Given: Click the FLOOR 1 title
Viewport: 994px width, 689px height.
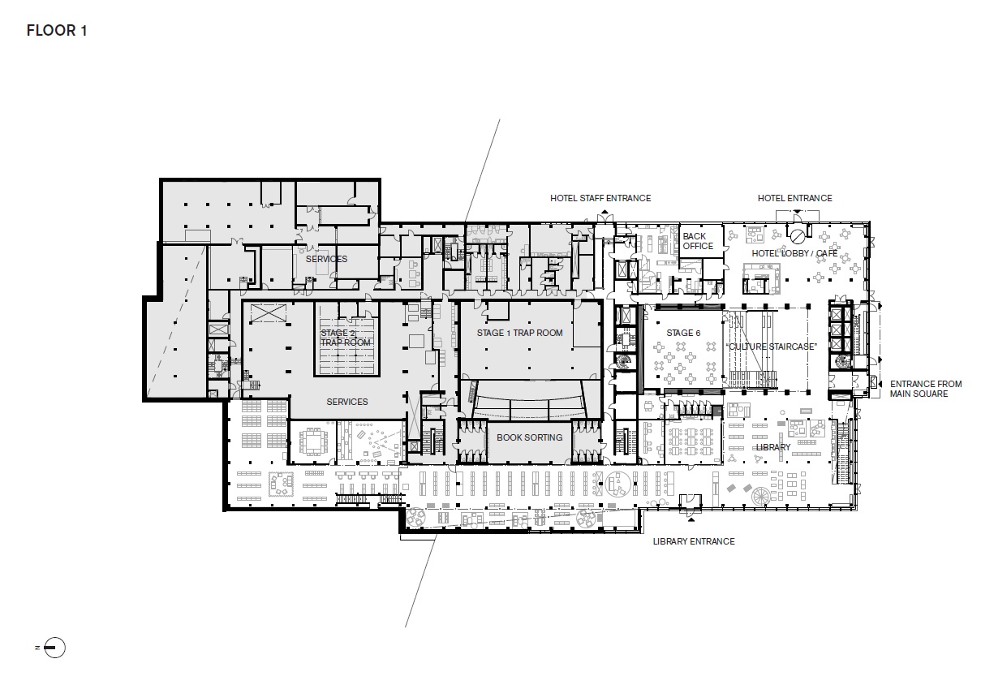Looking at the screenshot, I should [56, 31].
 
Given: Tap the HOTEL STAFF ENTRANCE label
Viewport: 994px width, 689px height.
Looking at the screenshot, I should [600, 198].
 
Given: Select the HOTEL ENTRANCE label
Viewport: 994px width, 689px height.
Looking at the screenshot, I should [794, 198].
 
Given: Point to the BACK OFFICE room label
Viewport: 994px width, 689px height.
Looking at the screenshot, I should [698, 241].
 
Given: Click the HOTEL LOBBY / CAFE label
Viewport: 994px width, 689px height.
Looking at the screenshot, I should [794, 254].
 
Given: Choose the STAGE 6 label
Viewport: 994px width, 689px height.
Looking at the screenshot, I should [679, 334].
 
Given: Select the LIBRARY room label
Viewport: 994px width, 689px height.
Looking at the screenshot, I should [772, 447].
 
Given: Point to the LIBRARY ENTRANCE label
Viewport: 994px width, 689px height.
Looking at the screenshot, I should [694, 541].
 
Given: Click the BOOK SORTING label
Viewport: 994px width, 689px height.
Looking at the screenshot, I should [529, 437].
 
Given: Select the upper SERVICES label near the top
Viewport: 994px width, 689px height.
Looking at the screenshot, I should [326, 259].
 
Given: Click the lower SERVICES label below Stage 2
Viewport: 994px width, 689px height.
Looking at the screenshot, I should [346, 402].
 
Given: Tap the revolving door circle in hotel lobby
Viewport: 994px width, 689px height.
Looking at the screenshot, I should [798, 236].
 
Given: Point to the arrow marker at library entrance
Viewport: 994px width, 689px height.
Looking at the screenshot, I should [689, 515].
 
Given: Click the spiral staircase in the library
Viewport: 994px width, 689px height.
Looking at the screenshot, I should [762, 496].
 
